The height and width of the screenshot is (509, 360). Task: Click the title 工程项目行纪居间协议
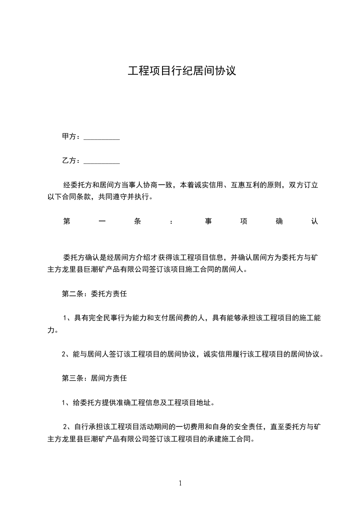click(182, 72)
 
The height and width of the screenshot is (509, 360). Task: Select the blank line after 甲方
click(102, 137)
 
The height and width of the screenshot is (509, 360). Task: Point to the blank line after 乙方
click(102, 162)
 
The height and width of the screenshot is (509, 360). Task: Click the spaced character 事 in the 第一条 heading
click(208, 221)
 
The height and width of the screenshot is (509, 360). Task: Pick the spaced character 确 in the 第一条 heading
click(279, 221)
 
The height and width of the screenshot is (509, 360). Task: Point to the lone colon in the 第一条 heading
click(171, 222)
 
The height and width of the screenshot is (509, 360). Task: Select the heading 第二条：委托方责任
click(94, 294)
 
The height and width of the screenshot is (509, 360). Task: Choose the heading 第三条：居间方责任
click(94, 377)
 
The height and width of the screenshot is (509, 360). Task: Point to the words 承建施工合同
click(224, 439)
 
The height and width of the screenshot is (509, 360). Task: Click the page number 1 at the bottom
click(180, 484)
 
